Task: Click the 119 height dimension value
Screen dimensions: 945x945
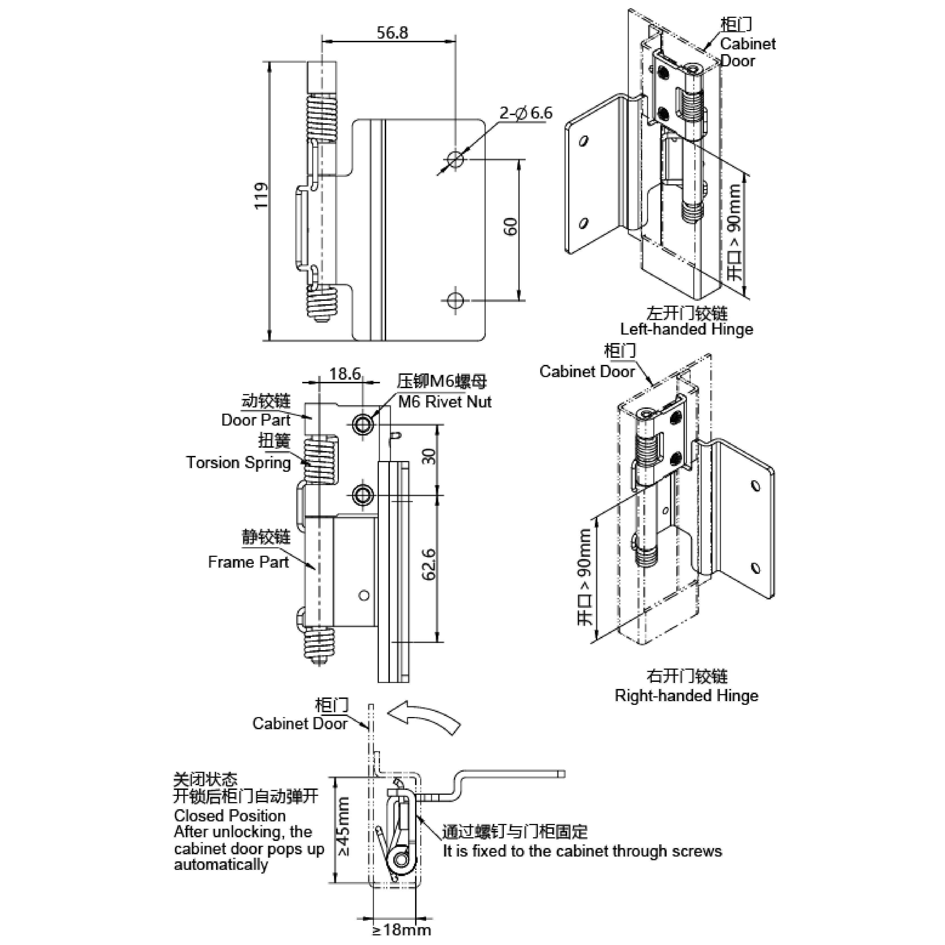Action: pyautogui.click(x=261, y=196)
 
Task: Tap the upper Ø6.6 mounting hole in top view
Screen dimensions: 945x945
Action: pyautogui.click(x=455, y=159)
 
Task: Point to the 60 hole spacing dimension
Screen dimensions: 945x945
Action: pyautogui.click(x=510, y=227)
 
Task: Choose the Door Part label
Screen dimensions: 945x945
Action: pyautogui.click(x=255, y=420)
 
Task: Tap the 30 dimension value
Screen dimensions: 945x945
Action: pyautogui.click(x=428, y=456)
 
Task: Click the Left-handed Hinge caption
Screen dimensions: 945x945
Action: pyautogui.click(x=686, y=329)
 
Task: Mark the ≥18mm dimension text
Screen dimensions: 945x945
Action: pyautogui.click(x=401, y=929)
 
